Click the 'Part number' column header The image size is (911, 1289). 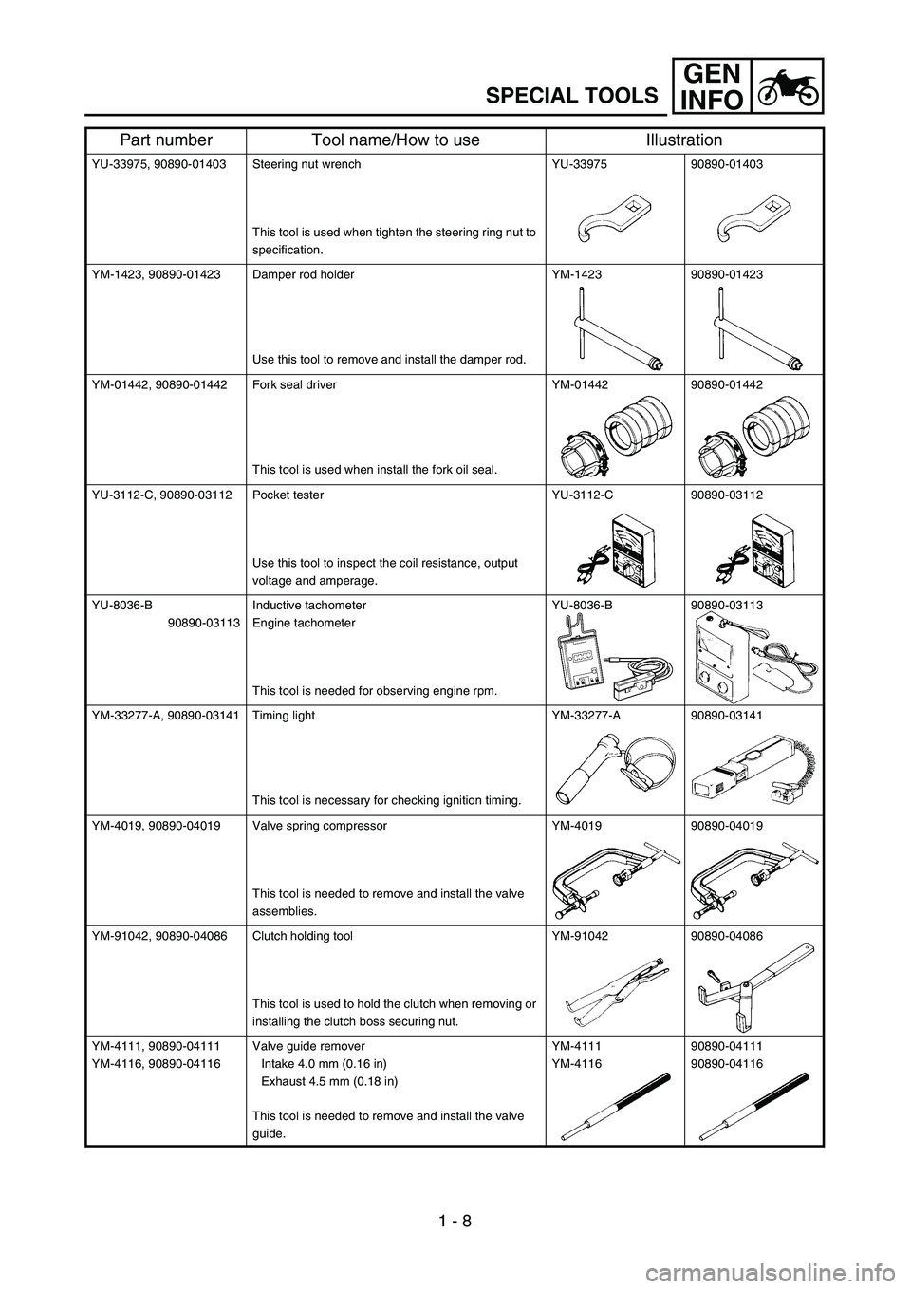(164, 140)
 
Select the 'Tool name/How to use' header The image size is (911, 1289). (396, 140)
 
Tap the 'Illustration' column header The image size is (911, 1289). (683, 140)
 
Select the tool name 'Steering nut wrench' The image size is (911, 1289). (307, 164)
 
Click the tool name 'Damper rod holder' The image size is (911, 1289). (304, 274)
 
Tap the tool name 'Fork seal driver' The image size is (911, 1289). (294, 384)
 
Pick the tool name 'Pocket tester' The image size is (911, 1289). (288, 495)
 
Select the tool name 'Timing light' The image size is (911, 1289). (284, 715)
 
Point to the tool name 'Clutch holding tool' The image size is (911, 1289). (303, 935)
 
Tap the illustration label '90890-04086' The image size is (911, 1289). (727, 935)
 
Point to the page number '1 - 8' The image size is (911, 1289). (455, 1219)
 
